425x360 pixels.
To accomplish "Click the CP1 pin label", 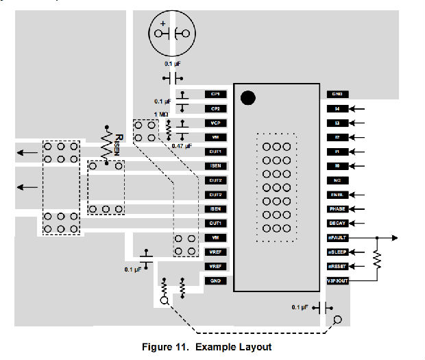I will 215,94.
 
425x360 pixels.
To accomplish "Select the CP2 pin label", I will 215,108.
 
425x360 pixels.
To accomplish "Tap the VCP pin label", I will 215,123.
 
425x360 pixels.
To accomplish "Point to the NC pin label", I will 337,180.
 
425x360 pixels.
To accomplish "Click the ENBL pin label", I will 337,195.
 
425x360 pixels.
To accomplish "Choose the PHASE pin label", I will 337,209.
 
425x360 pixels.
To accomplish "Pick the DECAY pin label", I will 337,224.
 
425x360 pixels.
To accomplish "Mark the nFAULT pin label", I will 337,238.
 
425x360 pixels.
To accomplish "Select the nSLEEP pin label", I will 337,252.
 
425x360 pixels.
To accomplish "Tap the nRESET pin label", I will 337,267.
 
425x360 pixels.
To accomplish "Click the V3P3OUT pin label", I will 337,281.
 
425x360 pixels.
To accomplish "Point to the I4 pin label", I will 337,108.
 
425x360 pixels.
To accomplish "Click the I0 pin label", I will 337,166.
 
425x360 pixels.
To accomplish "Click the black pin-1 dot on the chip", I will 248,98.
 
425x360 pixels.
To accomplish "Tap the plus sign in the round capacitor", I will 162,23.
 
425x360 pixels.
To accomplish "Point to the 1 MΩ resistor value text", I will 161,114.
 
